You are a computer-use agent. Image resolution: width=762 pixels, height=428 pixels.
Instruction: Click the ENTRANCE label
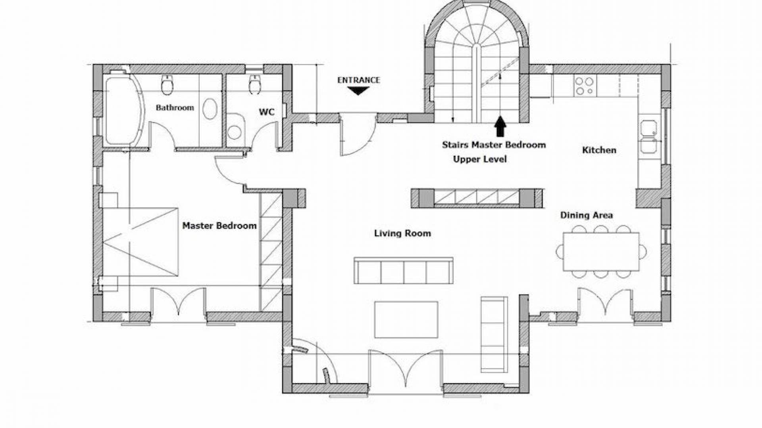point(358,80)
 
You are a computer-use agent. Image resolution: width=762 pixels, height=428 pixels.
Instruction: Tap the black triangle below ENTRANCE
point(358,91)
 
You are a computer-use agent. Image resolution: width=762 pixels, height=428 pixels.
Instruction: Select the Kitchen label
point(599,150)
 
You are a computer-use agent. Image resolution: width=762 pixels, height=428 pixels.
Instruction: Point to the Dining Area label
point(586,215)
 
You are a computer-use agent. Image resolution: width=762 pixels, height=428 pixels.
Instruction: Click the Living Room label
point(402,233)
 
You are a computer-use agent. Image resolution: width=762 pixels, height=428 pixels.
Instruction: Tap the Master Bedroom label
point(219,226)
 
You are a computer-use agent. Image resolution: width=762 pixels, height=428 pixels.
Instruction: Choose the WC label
point(267,112)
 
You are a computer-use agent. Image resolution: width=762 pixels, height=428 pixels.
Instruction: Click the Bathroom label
point(175,107)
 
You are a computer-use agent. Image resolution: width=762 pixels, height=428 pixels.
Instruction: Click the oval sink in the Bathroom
point(210,109)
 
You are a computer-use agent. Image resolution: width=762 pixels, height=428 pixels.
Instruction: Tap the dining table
point(601,252)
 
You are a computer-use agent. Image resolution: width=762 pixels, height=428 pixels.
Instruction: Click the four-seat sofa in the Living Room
point(404,271)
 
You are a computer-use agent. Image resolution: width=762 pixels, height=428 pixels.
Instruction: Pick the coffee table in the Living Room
point(406,319)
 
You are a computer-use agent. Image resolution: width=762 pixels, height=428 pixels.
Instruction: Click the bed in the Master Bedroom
point(140,241)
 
